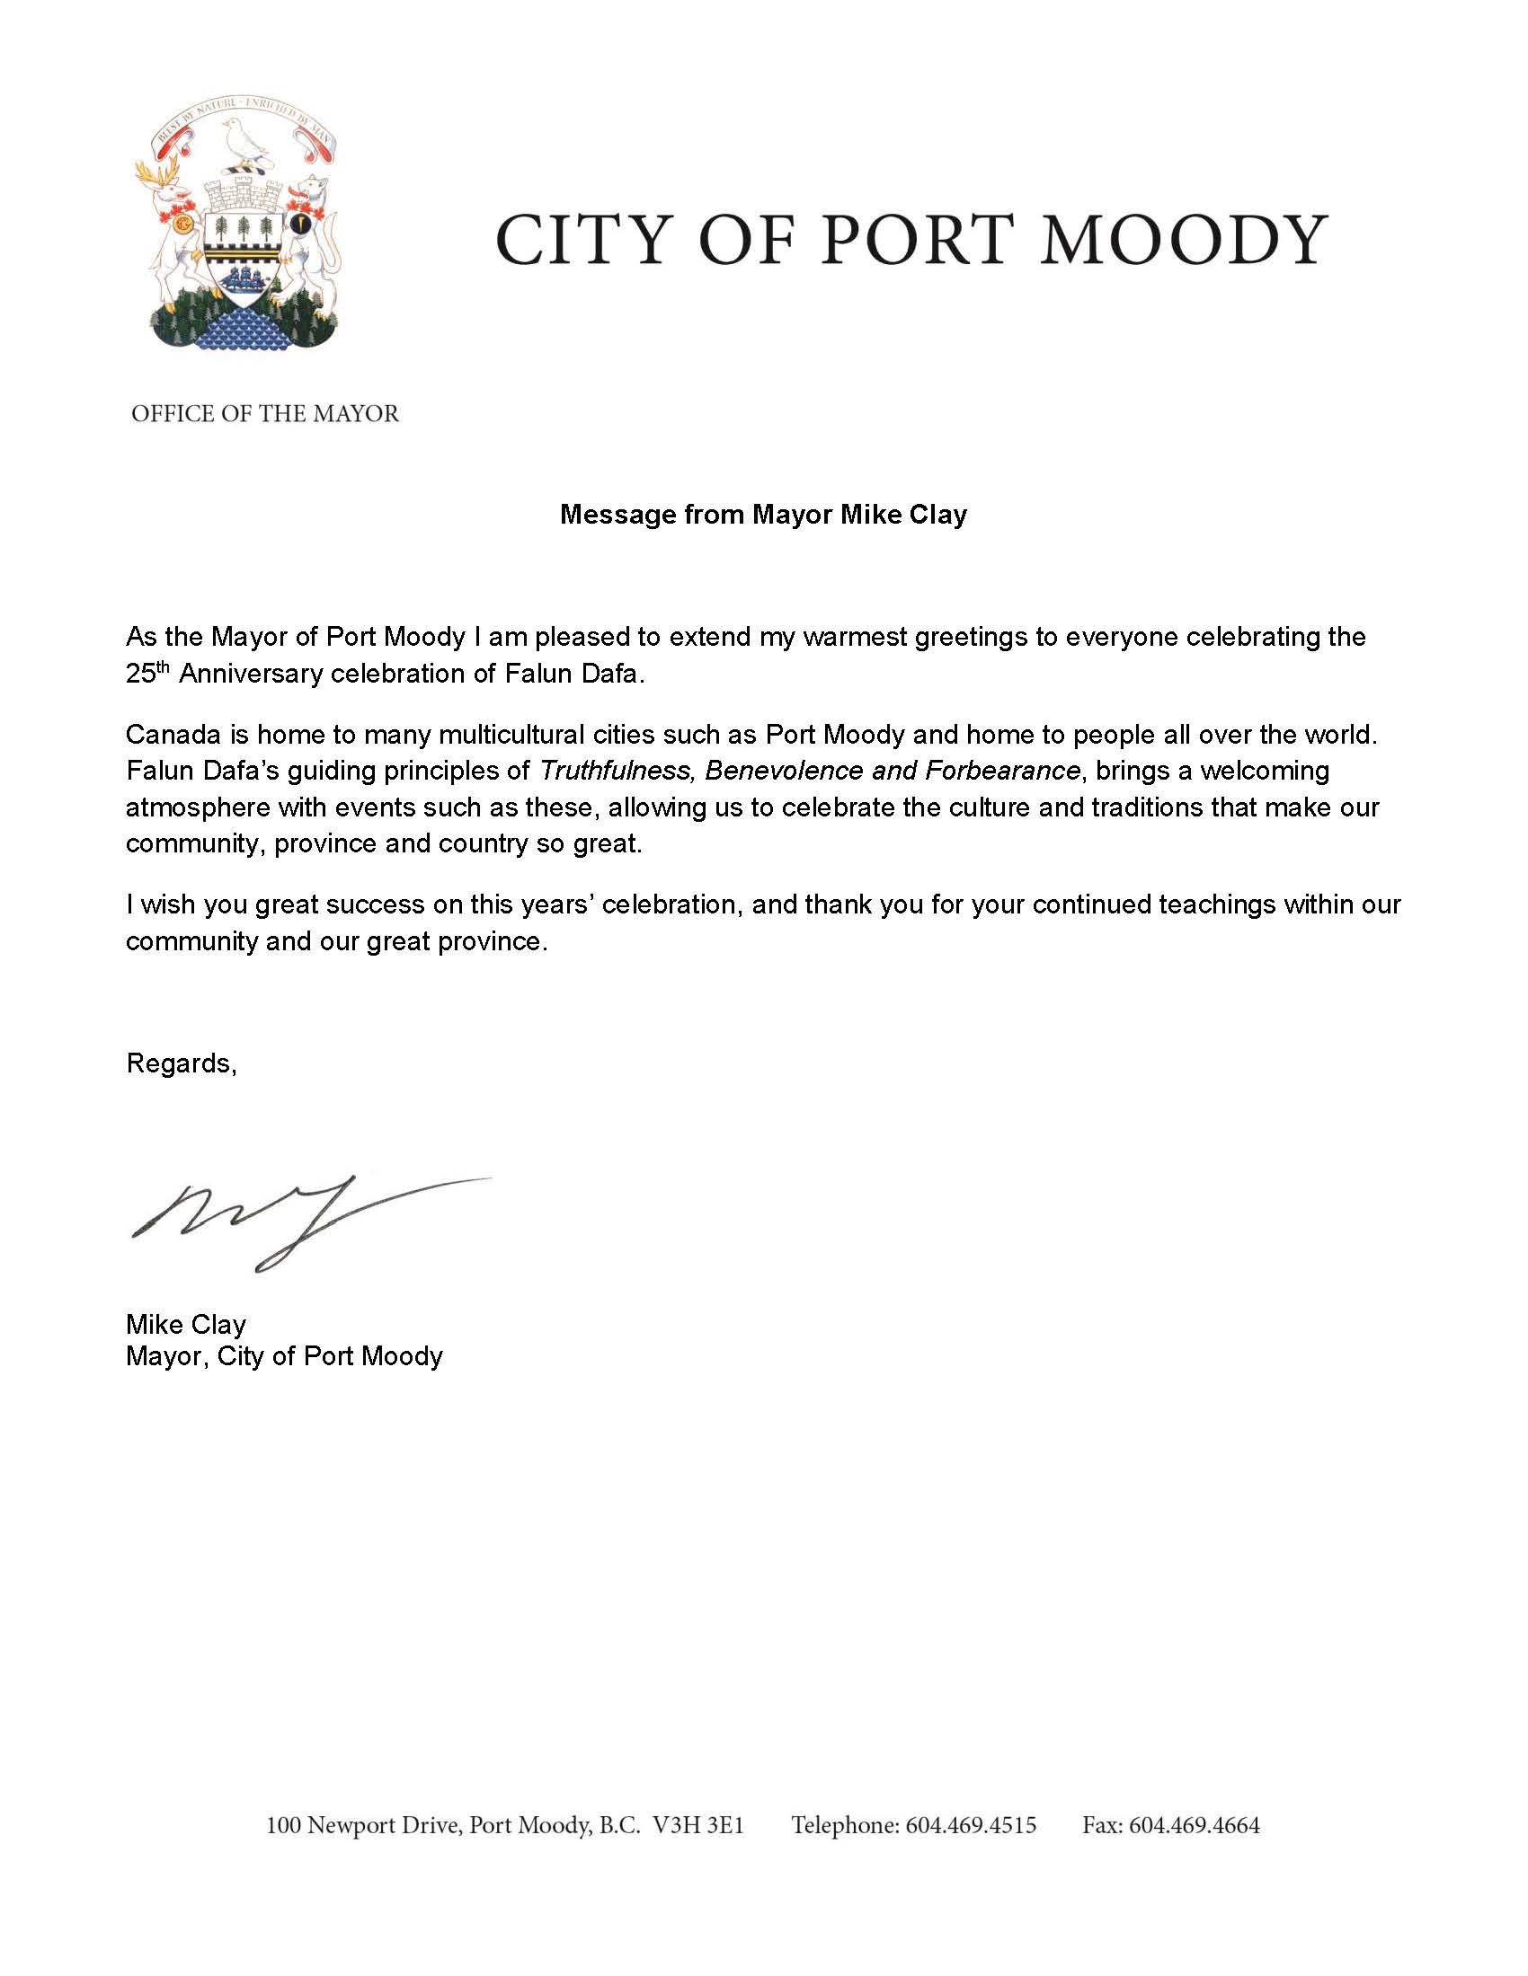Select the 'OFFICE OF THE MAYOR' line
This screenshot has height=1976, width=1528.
point(265,414)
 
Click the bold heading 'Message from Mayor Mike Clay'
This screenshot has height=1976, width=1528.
point(763,515)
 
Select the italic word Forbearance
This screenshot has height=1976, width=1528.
point(1002,771)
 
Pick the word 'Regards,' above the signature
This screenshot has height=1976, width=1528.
point(181,1063)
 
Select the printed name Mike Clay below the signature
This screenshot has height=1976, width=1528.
point(185,1325)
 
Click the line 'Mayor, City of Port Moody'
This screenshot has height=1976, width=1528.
point(284,1356)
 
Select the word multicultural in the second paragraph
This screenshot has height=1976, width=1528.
point(511,734)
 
